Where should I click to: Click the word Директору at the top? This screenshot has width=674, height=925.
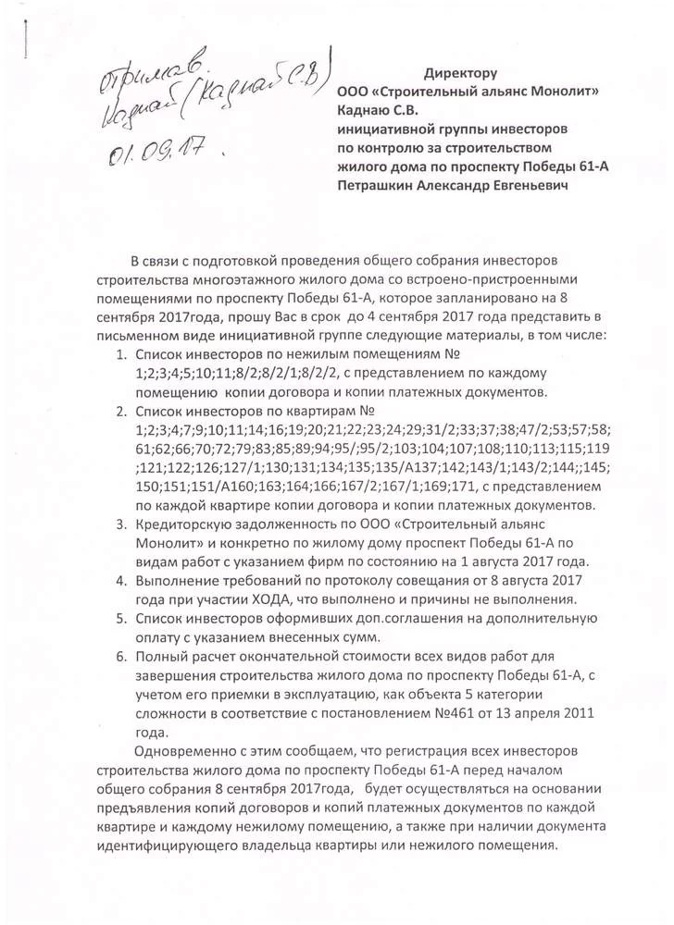click(x=461, y=72)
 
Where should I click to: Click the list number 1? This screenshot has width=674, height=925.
click(x=122, y=355)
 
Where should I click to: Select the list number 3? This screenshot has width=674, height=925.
click(x=122, y=526)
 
